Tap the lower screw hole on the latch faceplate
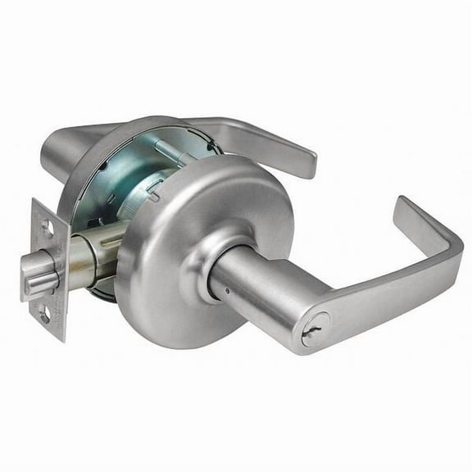[47, 314]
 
